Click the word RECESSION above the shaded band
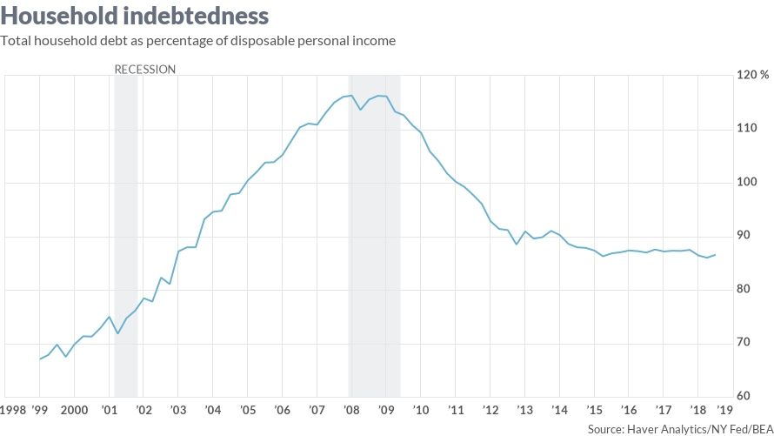point(145,69)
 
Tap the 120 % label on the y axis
point(752,75)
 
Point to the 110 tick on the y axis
point(747,129)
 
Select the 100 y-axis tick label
point(747,183)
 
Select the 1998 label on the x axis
point(12,410)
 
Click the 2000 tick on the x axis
point(74,410)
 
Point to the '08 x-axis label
point(350,410)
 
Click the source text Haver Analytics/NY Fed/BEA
point(680,429)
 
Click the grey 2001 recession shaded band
point(126,235)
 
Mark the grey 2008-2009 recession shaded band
point(374,235)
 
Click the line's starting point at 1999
point(40,359)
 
